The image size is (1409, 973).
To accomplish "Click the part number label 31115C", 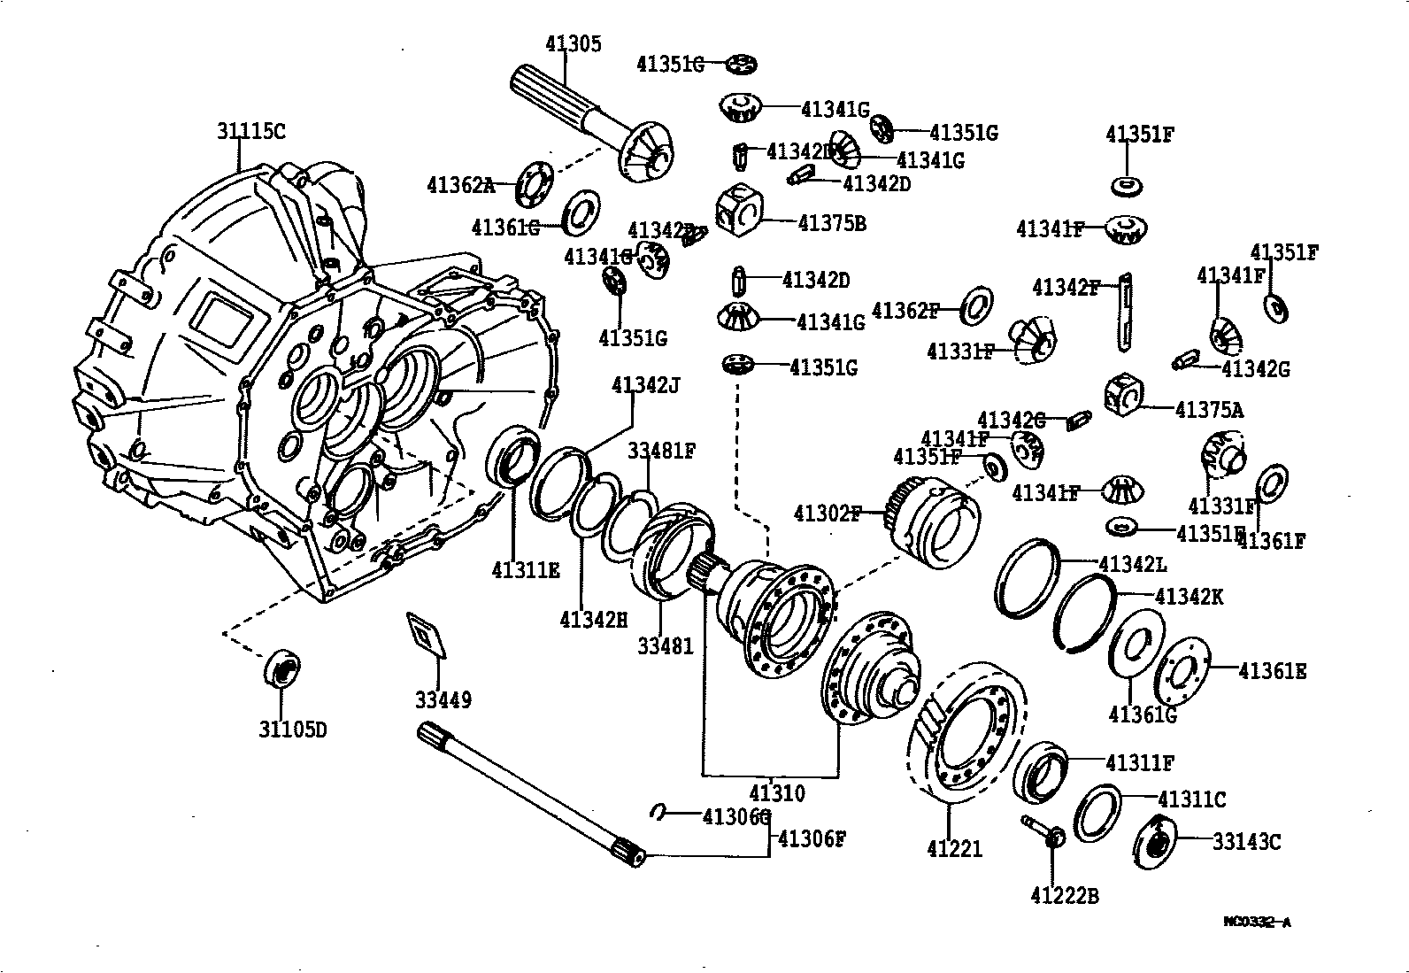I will tap(251, 132).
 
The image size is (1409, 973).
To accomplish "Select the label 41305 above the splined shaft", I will tap(573, 44).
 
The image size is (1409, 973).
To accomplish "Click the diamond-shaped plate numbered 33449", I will tap(426, 635).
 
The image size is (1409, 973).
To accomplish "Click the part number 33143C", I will tap(1246, 842).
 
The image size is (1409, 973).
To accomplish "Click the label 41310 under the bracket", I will tap(776, 792).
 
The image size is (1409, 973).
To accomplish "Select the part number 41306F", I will tap(812, 838).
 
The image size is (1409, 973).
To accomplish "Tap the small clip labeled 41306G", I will tap(659, 813).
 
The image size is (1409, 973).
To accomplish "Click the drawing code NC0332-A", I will tap(1257, 922).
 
